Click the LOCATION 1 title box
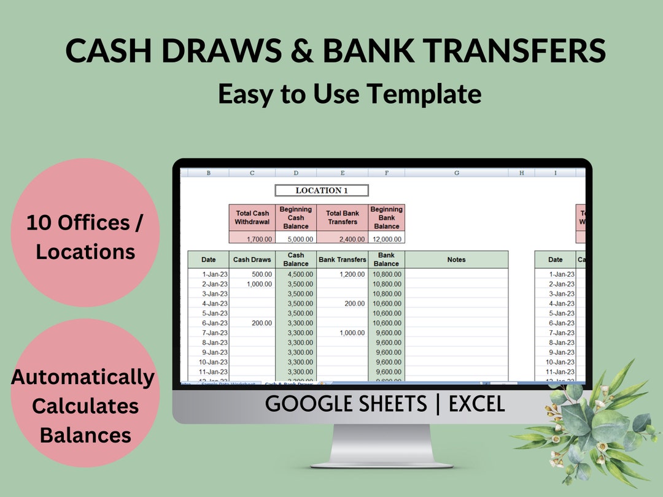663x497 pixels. pyautogui.click(x=322, y=191)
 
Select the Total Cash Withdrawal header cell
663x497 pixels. pyautogui.click(x=252, y=218)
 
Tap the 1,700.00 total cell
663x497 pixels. pyautogui.click(x=252, y=239)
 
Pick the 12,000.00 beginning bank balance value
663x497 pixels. pyautogui.click(x=387, y=239)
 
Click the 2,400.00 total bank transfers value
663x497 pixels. pyautogui.click(x=342, y=239)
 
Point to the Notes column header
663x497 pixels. pyautogui.click(x=456, y=260)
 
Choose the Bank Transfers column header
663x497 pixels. pyautogui.click(x=342, y=260)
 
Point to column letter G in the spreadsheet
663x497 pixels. pyautogui.click(x=456, y=173)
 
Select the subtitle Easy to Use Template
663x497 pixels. pyautogui.click(x=349, y=94)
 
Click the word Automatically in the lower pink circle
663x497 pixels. pyautogui.click(x=83, y=377)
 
